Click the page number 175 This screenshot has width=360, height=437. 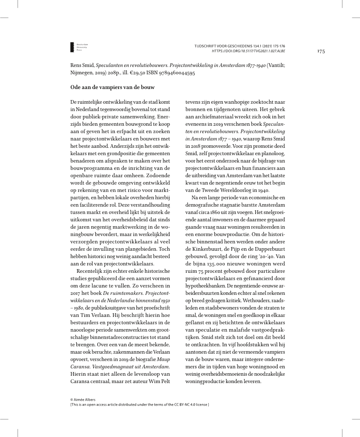[x=320, y=51]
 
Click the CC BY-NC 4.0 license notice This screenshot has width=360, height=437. [x=139, y=404]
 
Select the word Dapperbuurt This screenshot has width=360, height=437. [x=272, y=250]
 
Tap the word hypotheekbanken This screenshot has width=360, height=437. [x=206, y=286]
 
